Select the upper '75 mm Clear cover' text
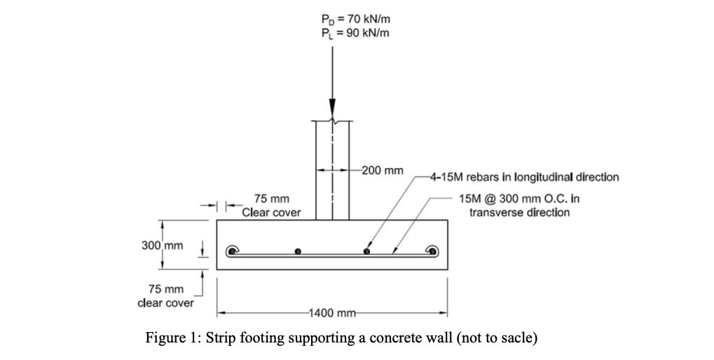(x=271, y=206)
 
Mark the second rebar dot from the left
(x=298, y=251)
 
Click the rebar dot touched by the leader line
(x=366, y=251)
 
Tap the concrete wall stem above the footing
(x=333, y=172)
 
